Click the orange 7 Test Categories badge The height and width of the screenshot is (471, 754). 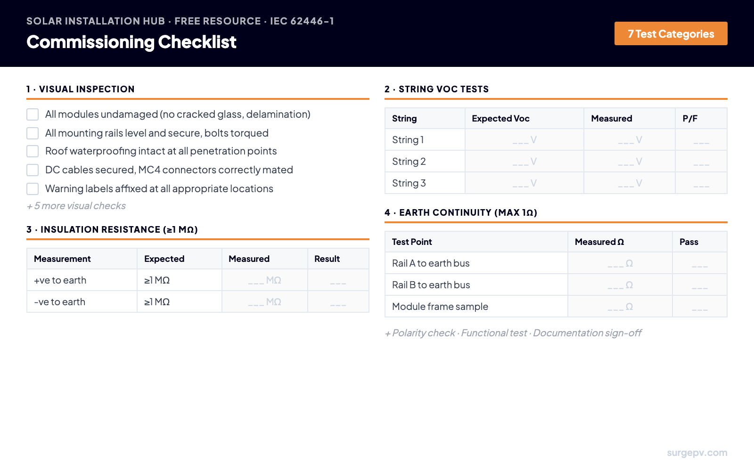coord(671,33)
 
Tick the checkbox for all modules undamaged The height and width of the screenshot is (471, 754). coord(33,114)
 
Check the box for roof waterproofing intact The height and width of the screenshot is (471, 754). coord(33,151)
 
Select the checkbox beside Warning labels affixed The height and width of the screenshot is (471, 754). coord(33,189)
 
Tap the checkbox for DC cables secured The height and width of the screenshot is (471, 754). coord(33,170)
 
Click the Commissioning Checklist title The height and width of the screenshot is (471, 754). coord(131,42)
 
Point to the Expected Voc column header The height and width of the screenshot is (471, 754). coord(500,119)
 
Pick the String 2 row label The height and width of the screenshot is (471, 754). coord(409,162)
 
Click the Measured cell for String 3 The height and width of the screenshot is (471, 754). coord(630,183)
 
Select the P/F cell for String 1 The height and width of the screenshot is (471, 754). coord(701,140)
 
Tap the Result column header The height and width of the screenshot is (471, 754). coord(327,259)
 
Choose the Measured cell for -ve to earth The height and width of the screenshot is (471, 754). coord(264,302)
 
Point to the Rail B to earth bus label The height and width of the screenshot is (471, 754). coord(431,285)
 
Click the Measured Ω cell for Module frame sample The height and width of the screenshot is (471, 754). coord(620,307)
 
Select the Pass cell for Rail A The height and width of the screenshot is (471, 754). coord(699,264)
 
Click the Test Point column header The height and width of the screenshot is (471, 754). coord(412,242)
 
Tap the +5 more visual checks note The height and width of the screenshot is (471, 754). coord(76,206)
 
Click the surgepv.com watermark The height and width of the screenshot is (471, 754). coord(697,453)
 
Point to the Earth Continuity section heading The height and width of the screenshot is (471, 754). coord(461,212)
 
